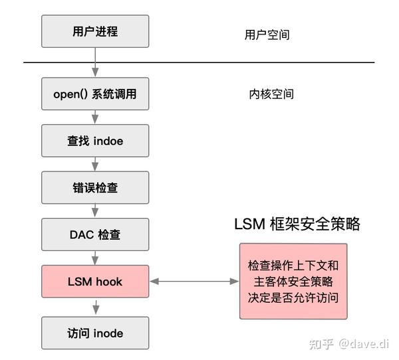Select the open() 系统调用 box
pyautogui.click(x=95, y=94)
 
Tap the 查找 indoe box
pyautogui.click(x=95, y=141)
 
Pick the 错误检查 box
pyautogui.click(x=95, y=188)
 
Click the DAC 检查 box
pyautogui.click(x=95, y=234)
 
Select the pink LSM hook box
pyautogui.click(x=95, y=282)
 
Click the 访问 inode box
pyautogui.click(x=95, y=333)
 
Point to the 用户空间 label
pyautogui.click(x=267, y=35)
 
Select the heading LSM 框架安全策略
pyautogui.click(x=297, y=225)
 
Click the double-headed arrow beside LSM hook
pyautogui.click(x=194, y=282)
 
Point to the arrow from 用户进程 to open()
pyautogui.click(x=95, y=62)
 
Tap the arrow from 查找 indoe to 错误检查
pyautogui.click(x=95, y=164)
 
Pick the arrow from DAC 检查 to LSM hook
pyautogui.click(x=95, y=258)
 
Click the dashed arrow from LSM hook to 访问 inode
pyautogui.click(x=95, y=307)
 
